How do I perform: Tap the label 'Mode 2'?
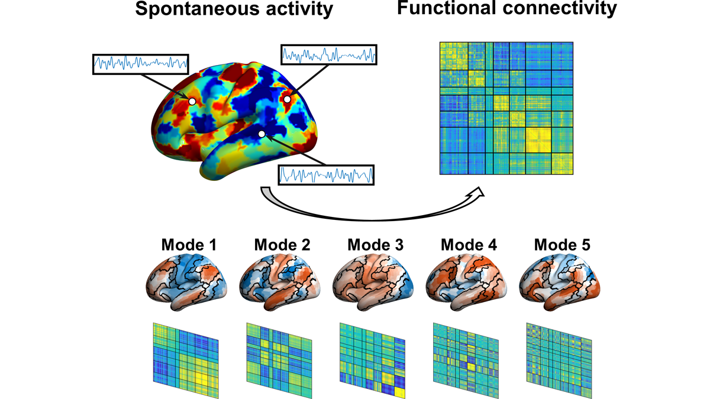(281, 244)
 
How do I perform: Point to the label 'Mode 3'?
(375, 244)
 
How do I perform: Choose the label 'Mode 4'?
(469, 244)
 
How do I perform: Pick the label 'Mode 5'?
(562, 244)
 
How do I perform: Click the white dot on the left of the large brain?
(192, 102)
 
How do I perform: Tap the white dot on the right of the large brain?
(287, 99)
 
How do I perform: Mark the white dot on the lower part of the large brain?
(262, 134)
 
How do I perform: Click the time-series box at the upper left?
(141, 63)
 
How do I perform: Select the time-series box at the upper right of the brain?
(328, 55)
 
